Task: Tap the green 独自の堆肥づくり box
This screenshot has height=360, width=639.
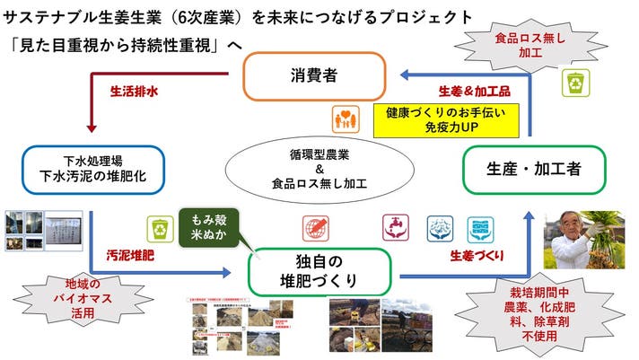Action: tap(321, 268)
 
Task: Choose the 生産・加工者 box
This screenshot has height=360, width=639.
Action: tap(532, 167)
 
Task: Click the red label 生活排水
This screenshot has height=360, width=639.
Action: tap(135, 92)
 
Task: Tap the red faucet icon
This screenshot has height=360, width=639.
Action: tap(393, 226)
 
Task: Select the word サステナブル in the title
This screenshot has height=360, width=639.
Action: tap(58, 18)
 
